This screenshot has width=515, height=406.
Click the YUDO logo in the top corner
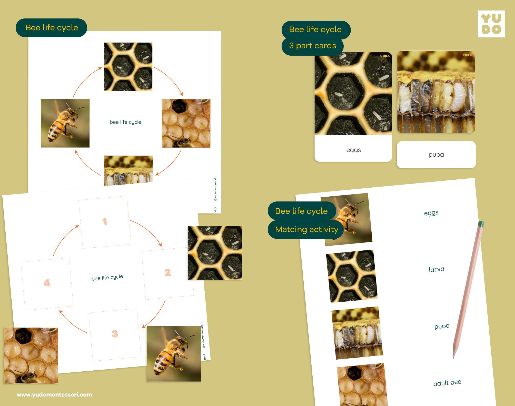click(x=491, y=24)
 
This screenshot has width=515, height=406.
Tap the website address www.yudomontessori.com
click(x=54, y=395)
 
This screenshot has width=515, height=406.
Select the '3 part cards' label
click(x=312, y=46)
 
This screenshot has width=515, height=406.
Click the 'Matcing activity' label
click(x=306, y=229)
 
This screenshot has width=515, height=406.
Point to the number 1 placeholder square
click(x=105, y=222)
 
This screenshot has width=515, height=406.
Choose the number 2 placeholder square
click(x=167, y=273)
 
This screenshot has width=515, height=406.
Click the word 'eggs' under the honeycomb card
click(x=353, y=150)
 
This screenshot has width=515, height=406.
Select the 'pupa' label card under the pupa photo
click(x=436, y=155)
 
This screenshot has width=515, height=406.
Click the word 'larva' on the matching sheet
click(x=436, y=269)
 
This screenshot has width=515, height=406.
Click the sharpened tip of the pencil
click(x=453, y=357)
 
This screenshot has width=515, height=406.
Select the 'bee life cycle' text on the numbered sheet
click(x=107, y=278)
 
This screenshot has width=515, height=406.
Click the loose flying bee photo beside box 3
click(x=174, y=354)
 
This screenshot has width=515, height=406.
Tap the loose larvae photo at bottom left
click(x=31, y=355)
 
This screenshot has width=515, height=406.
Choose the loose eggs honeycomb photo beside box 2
click(x=215, y=253)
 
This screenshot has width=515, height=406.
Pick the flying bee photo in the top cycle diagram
click(x=65, y=123)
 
